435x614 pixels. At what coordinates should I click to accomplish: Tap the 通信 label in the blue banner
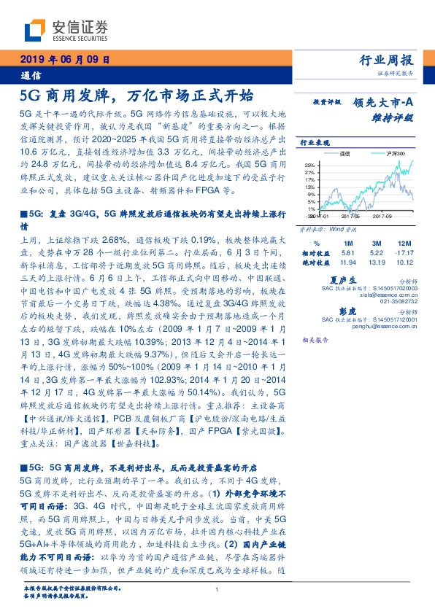point(31,75)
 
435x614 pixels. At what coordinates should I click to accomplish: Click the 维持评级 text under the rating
point(398,116)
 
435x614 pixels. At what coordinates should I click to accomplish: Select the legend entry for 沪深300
point(380,154)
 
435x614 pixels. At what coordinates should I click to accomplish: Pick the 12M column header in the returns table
point(404,242)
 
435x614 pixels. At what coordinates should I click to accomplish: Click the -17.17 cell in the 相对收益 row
point(404,252)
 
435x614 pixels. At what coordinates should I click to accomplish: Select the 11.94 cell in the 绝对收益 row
point(347,261)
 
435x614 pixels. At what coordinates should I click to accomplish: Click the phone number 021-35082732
point(399,300)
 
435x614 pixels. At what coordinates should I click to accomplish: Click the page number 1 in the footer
point(217,590)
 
